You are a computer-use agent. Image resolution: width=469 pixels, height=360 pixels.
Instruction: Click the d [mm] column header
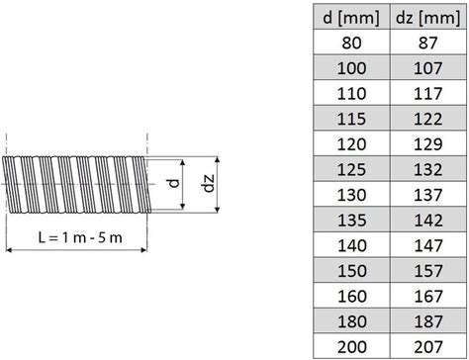(351, 17)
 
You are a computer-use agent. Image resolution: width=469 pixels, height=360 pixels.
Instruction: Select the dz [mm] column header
(428, 17)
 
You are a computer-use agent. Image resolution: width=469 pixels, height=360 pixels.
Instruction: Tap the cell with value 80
(351, 43)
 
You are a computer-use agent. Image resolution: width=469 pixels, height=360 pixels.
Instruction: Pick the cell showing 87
(428, 43)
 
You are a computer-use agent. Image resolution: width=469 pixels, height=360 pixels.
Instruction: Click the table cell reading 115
(351, 119)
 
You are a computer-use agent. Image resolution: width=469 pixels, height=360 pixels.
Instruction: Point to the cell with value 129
(428, 144)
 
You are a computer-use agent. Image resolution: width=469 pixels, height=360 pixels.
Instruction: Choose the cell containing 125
(351, 169)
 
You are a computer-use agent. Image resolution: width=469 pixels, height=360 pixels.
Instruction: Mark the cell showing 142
(428, 220)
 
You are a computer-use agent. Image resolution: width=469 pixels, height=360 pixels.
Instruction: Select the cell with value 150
(351, 271)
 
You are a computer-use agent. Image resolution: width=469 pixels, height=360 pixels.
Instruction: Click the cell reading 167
(428, 296)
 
